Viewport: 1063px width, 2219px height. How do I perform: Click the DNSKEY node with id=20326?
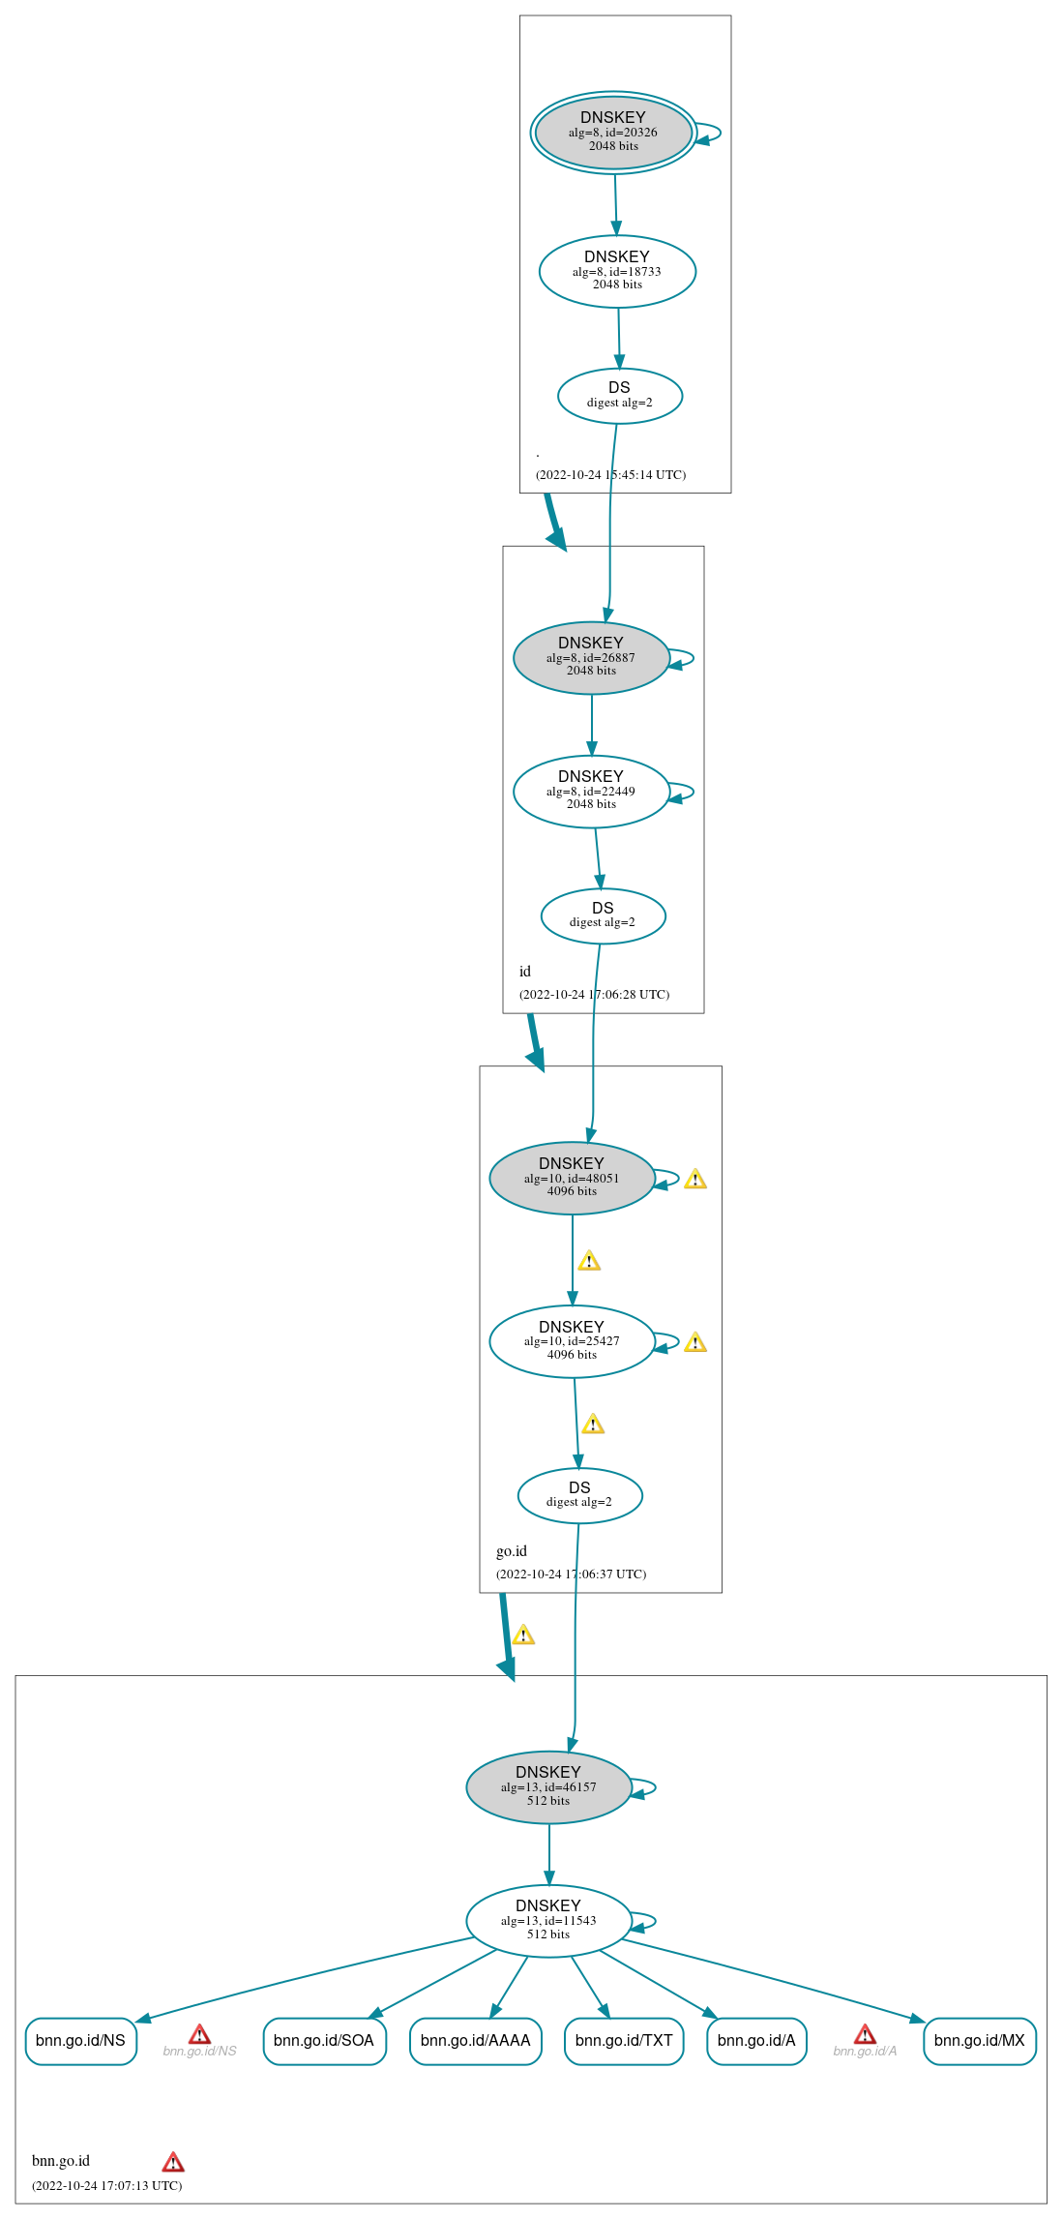click(613, 133)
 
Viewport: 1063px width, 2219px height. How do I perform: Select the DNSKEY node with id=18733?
click(617, 272)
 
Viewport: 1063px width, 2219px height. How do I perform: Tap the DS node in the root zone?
click(620, 396)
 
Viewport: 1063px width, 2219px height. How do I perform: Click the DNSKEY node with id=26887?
click(591, 658)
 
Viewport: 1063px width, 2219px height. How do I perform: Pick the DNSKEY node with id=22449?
click(591, 792)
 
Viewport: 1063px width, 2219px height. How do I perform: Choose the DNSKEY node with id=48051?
click(572, 1179)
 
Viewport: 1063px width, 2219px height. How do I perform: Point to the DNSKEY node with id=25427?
click(572, 1342)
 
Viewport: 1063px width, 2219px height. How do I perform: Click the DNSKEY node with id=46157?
click(548, 1787)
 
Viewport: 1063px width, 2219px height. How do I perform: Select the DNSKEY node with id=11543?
click(548, 1921)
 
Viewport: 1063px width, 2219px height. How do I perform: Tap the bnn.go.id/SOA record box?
click(324, 2041)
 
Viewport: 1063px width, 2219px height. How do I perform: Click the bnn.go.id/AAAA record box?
click(476, 2041)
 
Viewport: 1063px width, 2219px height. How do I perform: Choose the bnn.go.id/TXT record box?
click(624, 2041)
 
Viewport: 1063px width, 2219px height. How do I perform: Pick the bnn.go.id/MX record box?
click(980, 2041)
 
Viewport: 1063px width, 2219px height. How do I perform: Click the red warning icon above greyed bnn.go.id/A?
click(866, 2034)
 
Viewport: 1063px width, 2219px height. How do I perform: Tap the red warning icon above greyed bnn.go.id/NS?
click(199, 2034)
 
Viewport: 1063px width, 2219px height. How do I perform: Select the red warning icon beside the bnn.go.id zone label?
click(173, 2162)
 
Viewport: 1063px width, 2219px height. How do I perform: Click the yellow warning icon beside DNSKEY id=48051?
click(695, 1179)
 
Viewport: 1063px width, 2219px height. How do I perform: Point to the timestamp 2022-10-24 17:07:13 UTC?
click(106, 2185)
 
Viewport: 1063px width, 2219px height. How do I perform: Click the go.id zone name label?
click(512, 1551)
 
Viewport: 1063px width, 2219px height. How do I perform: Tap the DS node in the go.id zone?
click(579, 1495)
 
